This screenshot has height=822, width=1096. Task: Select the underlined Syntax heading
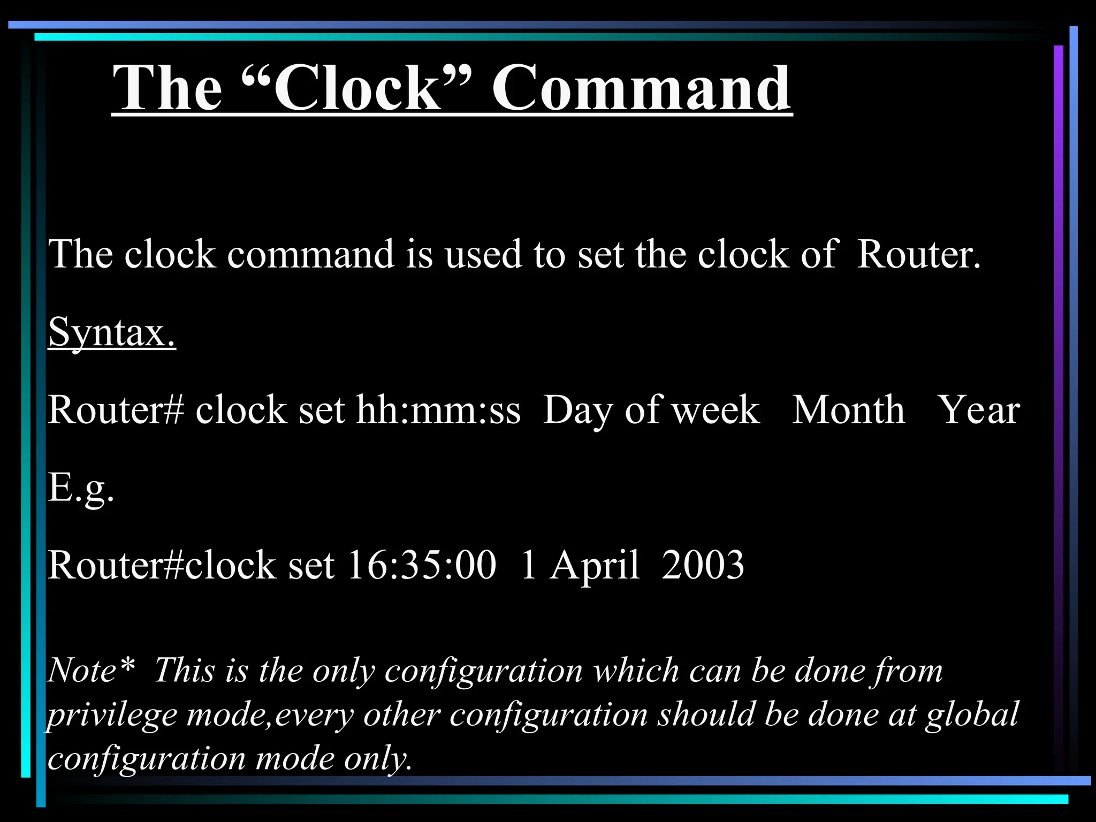[x=112, y=332]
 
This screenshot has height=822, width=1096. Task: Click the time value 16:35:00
[x=422, y=565]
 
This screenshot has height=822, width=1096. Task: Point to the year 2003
[x=703, y=565]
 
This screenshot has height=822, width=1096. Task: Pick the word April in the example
[x=594, y=566]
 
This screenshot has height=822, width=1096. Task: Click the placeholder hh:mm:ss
[x=438, y=410]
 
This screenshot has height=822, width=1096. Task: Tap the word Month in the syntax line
[x=848, y=410]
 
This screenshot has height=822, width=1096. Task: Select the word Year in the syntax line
[x=979, y=410]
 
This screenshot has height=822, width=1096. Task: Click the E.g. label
[x=81, y=488]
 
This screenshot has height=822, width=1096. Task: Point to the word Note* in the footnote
[x=90, y=670]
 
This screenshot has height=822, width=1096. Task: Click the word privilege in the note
[x=112, y=715]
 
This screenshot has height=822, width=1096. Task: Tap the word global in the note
[x=972, y=715]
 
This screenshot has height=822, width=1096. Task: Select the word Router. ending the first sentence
[x=918, y=254]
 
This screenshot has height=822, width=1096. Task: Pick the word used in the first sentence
[x=483, y=254]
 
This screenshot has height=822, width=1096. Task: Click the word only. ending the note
[x=378, y=759]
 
